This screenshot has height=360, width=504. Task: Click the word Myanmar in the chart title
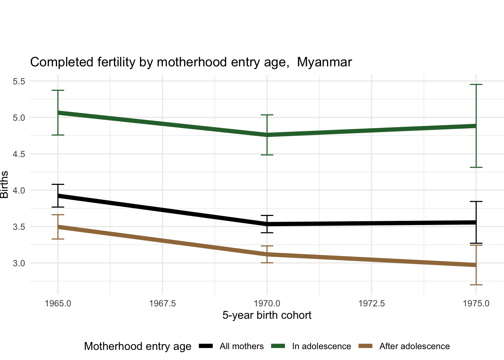tap(324, 62)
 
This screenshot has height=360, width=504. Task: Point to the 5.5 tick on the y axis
tap(19, 81)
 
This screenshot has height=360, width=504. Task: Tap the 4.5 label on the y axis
tap(19, 154)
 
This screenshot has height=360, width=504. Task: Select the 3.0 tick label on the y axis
tap(19, 263)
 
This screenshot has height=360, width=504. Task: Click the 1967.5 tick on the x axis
tap(162, 303)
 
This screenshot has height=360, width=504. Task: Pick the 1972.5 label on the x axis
tap(371, 303)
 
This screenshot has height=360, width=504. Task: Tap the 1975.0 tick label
tap(476, 303)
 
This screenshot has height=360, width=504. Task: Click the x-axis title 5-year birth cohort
tap(267, 315)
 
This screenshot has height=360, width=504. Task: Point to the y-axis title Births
tap(4, 184)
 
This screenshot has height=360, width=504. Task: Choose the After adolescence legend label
tap(414, 346)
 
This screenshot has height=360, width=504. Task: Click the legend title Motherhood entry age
tap(138, 346)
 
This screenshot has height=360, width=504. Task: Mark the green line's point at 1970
tap(267, 135)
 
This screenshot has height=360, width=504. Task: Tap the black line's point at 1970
tap(267, 224)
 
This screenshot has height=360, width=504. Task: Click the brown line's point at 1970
tap(267, 254)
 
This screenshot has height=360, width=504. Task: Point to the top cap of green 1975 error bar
tap(476, 85)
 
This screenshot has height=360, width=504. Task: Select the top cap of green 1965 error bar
tap(58, 90)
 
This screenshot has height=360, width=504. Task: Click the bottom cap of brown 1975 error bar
tap(476, 285)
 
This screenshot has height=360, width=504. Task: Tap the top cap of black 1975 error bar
tap(476, 202)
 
